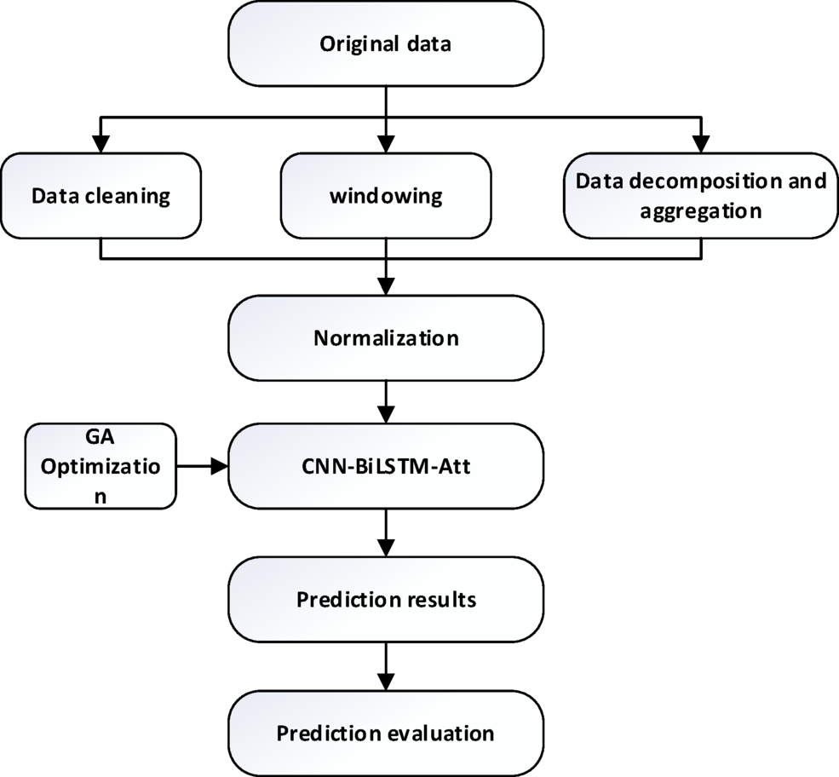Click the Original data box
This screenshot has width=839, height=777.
coord(386,44)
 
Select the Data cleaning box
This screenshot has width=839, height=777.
coord(101,195)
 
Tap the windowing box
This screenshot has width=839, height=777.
coord(386,195)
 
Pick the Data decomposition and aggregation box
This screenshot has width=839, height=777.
coord(700,195)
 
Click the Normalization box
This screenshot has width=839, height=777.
coord(386,337)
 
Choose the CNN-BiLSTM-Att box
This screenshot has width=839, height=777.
coord(386,466)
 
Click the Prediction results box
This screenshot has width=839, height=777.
coord(386,599)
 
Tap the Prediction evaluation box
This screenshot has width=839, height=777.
coord(386,732)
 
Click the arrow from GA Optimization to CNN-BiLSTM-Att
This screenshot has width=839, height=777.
coord(203,466)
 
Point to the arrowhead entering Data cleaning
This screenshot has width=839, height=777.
coord(101,145)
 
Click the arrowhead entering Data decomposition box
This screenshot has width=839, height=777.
coord(700,145)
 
